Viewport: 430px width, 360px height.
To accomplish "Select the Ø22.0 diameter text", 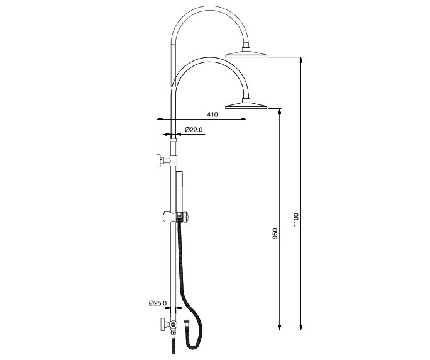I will [193, 130].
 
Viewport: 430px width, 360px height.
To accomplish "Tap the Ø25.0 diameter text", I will [158, 303].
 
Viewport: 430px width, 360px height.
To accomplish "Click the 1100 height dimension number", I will [296, 220].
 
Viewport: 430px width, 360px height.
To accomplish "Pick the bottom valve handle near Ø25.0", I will [162, 326].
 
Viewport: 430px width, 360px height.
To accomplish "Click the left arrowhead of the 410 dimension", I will [159, 119].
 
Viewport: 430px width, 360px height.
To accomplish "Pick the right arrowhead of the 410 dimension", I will [243, 119].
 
